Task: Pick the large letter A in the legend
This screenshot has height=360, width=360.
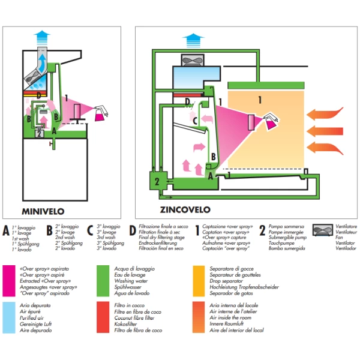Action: (x=7, y=230)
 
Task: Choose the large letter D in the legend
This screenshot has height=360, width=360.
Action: (x=133, y=230)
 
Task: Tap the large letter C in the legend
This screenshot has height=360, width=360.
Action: (x=91, y=230)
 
